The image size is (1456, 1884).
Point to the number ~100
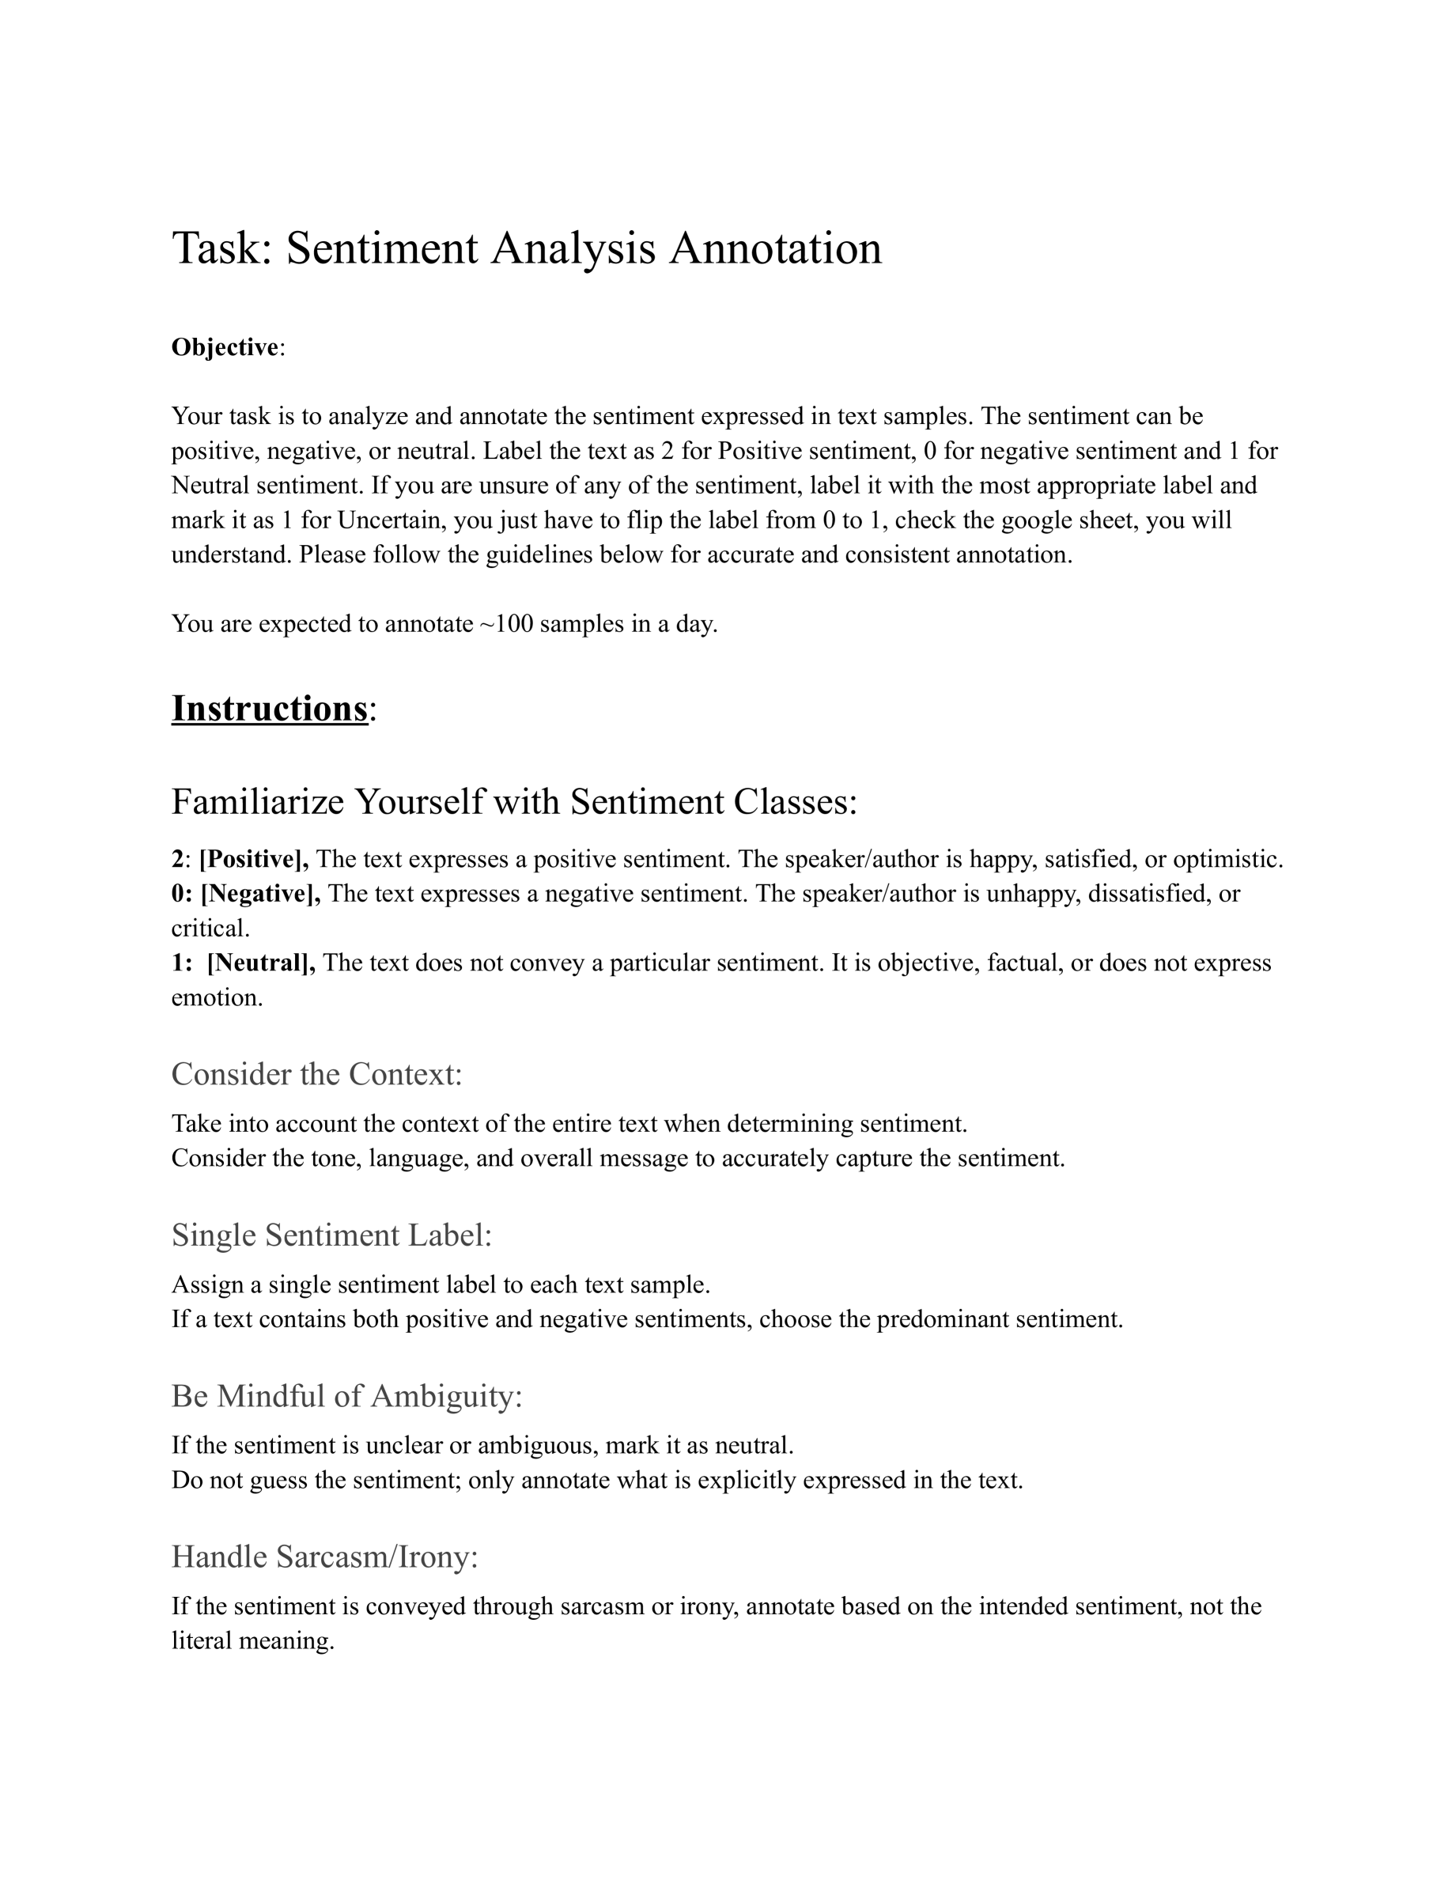(x=506, y=624)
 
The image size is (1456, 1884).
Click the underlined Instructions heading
(x=270, y=709)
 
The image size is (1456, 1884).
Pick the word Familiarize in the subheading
(x=257, y=802)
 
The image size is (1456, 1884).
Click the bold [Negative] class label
(x=259, y=894)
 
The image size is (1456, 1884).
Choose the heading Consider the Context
(x=316, y=1075)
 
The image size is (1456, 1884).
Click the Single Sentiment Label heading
(x=331, y=1235)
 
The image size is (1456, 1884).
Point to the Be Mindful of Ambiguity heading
(x=346, y=1396)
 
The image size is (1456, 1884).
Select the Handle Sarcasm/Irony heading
(x=324, y=1557)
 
